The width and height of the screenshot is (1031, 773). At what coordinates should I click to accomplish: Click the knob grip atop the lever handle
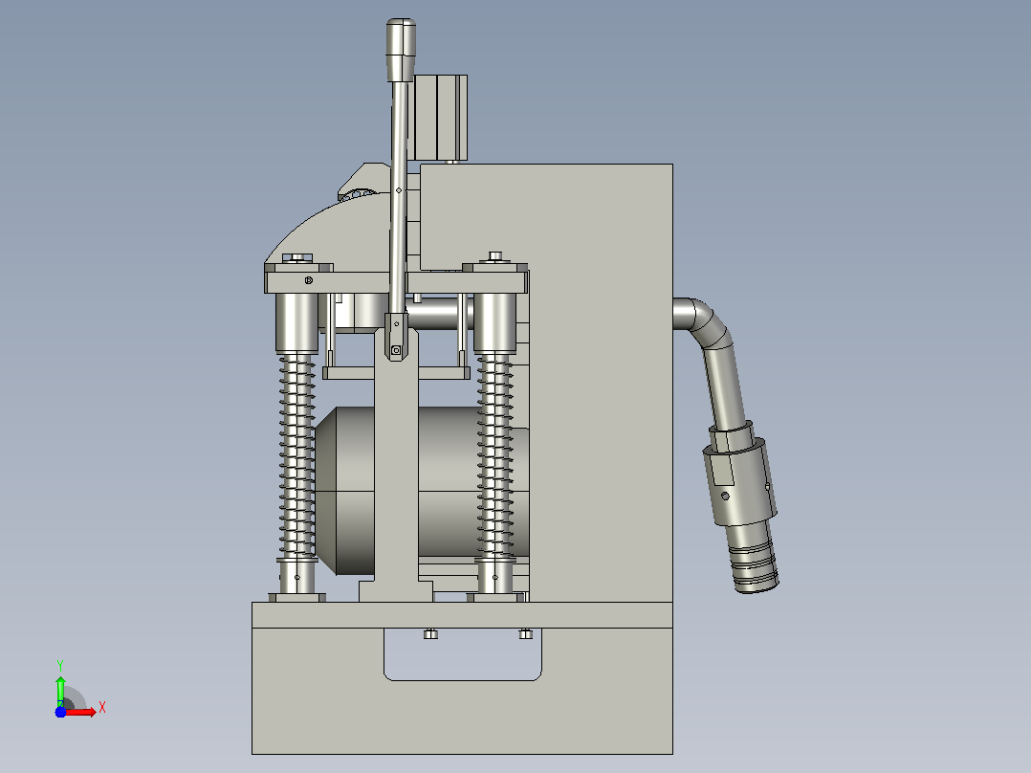tap(401, 50)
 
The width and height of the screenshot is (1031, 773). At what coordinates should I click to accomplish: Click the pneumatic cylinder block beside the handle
tap(440, 118)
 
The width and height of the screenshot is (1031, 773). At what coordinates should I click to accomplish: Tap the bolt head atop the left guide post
tap(297, 257)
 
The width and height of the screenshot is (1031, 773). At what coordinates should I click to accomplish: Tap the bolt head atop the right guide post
tap(495, 255)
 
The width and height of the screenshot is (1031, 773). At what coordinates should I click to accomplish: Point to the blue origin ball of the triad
tap(60, 712)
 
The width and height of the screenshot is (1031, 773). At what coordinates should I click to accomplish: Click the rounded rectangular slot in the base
tap(463, 654)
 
